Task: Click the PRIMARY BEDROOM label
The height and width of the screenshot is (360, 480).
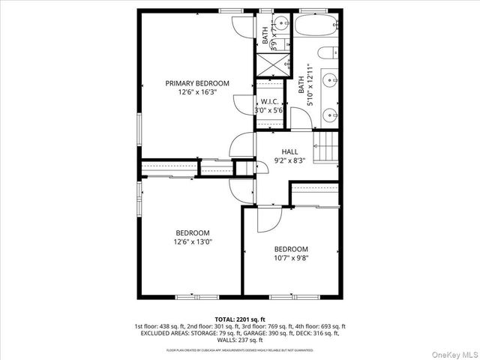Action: (x=197, y=83)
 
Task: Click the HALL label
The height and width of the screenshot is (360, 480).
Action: (x=289, y=151)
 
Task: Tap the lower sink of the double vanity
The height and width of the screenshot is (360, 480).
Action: (x=331, y=115)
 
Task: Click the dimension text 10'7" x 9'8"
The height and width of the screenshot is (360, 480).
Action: (x=290, y=258)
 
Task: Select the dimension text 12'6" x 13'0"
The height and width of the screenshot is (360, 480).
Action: (x=193, y=241)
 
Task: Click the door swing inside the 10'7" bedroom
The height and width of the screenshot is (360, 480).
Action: (x=267, y=220)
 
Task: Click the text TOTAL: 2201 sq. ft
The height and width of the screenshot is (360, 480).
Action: (x=239, y=319)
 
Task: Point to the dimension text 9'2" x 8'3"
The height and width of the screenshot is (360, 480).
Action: (x=289, y=160)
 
